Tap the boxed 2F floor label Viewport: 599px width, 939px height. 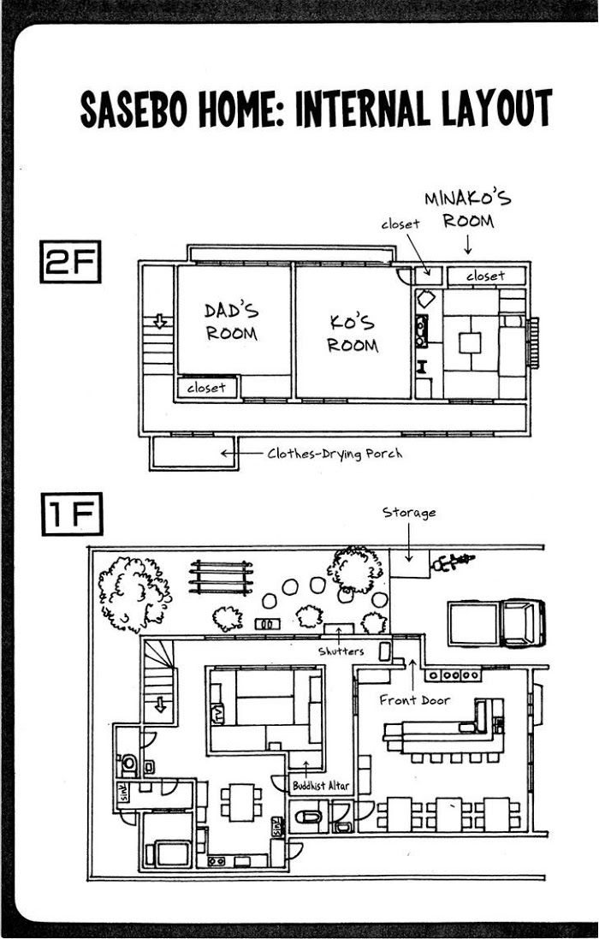coord(70,262)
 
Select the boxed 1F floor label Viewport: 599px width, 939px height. coord(72,514)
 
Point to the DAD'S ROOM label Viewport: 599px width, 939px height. coord(232,322)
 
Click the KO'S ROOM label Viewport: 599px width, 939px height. coord(353,334)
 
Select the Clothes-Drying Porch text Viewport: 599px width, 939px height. coord(335,454)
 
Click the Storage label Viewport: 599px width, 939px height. coord(409,513)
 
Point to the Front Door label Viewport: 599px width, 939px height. coord(415,699)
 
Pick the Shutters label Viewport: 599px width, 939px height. coord(341,651)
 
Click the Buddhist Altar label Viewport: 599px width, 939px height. coord(321,786)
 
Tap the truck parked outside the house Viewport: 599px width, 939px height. coord(496,623)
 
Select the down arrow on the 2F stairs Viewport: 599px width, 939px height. coord(160,322)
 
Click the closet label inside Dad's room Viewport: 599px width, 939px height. coord(206,388)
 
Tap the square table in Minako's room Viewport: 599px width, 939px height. coord(470,343)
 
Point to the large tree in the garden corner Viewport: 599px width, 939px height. coord(134,593)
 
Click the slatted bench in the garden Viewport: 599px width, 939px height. coord(221,577)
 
